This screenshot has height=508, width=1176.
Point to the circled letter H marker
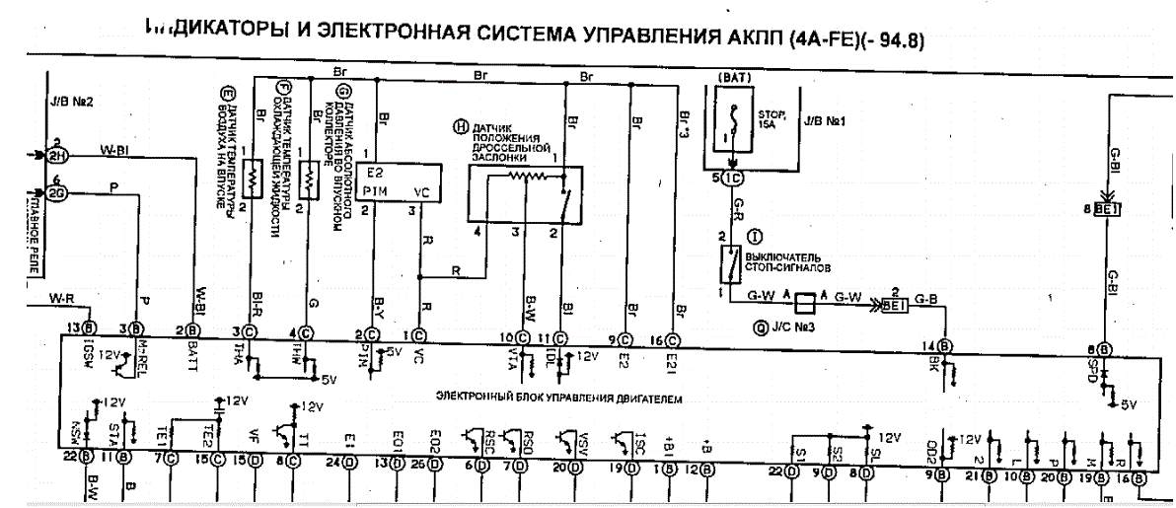click(x=458, y=126)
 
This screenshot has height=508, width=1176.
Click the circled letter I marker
click(x=756, y=236)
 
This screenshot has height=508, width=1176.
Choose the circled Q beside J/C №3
click(x=760, y=329)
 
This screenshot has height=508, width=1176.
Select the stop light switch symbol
click(x=732, y=263)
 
